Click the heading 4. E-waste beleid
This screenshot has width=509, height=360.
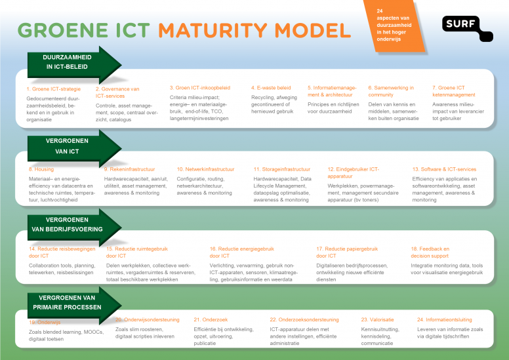[x=270, y=87]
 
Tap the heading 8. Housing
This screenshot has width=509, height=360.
[x=41, y=169]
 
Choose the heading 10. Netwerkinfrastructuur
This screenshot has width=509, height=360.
[x=205, y=169]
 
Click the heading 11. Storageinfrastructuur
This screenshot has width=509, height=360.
[x=281, y=169]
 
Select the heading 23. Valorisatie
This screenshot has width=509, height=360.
[x=377, y=319]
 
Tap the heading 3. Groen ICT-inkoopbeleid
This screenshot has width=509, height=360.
[x=199, y=87]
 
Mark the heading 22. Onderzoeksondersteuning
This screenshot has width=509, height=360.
[x=304, y=319]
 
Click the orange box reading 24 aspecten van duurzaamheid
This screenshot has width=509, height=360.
[x=396, y=26]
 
